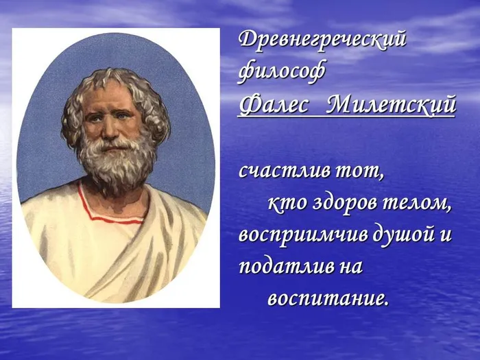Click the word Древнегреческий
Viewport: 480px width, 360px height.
coord(322,40)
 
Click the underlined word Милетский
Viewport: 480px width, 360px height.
coord(390,106)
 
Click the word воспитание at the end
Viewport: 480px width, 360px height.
coord(327,300)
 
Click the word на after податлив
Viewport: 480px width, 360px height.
coord(347,267)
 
